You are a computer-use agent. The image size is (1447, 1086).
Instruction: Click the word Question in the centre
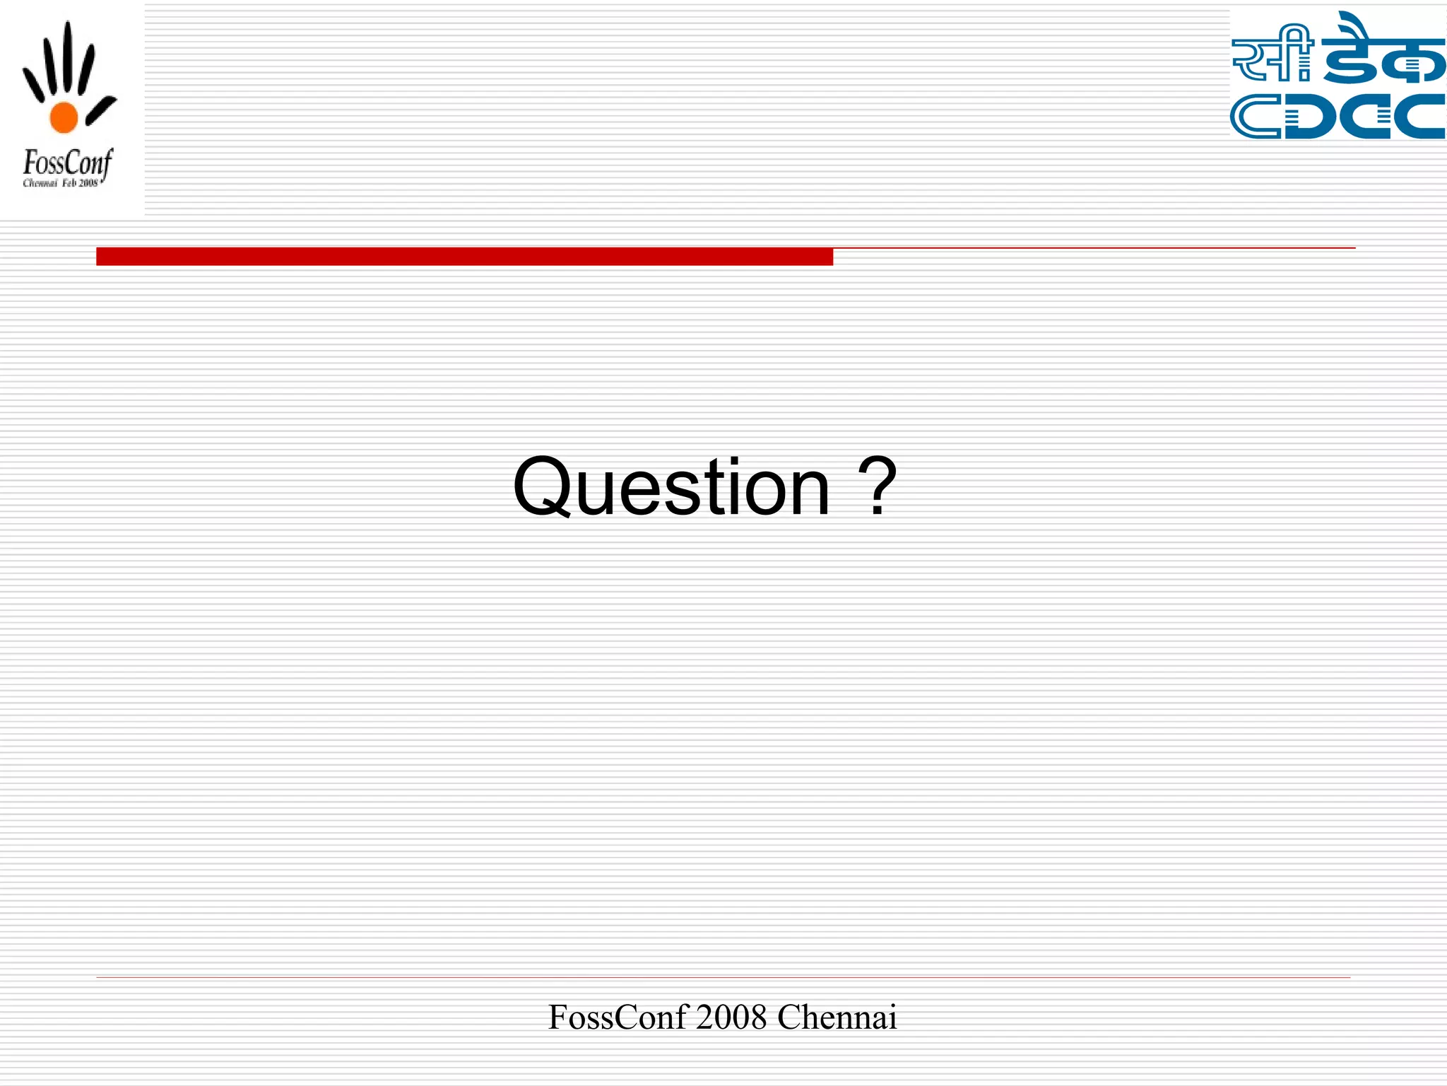coord(671,487)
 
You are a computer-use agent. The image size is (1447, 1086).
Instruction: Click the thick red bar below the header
coord(464,256)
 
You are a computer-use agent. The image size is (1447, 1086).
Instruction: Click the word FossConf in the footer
coord(618,1017)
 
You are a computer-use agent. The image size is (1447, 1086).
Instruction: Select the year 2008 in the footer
coord(731,1017)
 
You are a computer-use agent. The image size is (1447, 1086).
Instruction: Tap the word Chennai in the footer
coord(837,1017)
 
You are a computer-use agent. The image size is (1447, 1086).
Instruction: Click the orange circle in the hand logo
coord(64,117)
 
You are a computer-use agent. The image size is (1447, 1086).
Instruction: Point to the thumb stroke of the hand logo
coord(101,110)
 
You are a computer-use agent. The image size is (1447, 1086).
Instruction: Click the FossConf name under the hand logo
coord(67,163)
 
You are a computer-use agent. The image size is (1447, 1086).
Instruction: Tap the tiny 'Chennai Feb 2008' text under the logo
coord(61,184)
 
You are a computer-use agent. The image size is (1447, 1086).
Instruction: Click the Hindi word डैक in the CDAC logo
coord(1381,53)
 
